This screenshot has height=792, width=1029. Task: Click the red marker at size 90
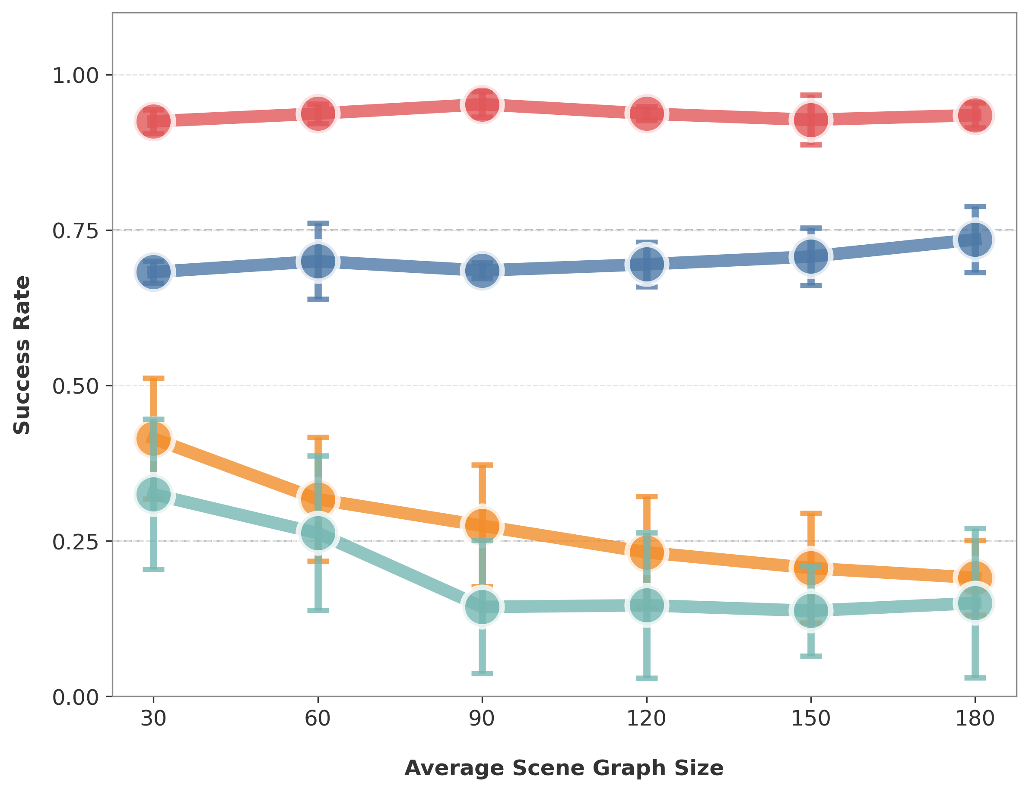tap(482, 104)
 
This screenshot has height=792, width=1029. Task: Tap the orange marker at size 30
tap(153, 439)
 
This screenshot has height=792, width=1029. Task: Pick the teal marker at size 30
tap(153, 495)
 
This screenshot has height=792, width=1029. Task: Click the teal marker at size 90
tap(482, 607)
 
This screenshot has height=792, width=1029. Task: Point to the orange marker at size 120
tap(646, 552)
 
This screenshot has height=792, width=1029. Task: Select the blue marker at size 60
tap(318, 261)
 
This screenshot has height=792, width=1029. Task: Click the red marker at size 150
tap(811, 120)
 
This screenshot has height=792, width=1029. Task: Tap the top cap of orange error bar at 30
tap(153, 379)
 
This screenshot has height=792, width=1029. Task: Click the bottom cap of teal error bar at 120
tap(646, 678)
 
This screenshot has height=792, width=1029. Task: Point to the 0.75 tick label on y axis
tap(76, 231)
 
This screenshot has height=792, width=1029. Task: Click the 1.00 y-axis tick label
tap(76, 76)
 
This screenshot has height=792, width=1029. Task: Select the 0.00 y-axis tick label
tap(76, 697)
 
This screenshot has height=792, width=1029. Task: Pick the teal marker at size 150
tap(811, 610)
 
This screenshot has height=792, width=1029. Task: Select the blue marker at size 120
tap(646, 264)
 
